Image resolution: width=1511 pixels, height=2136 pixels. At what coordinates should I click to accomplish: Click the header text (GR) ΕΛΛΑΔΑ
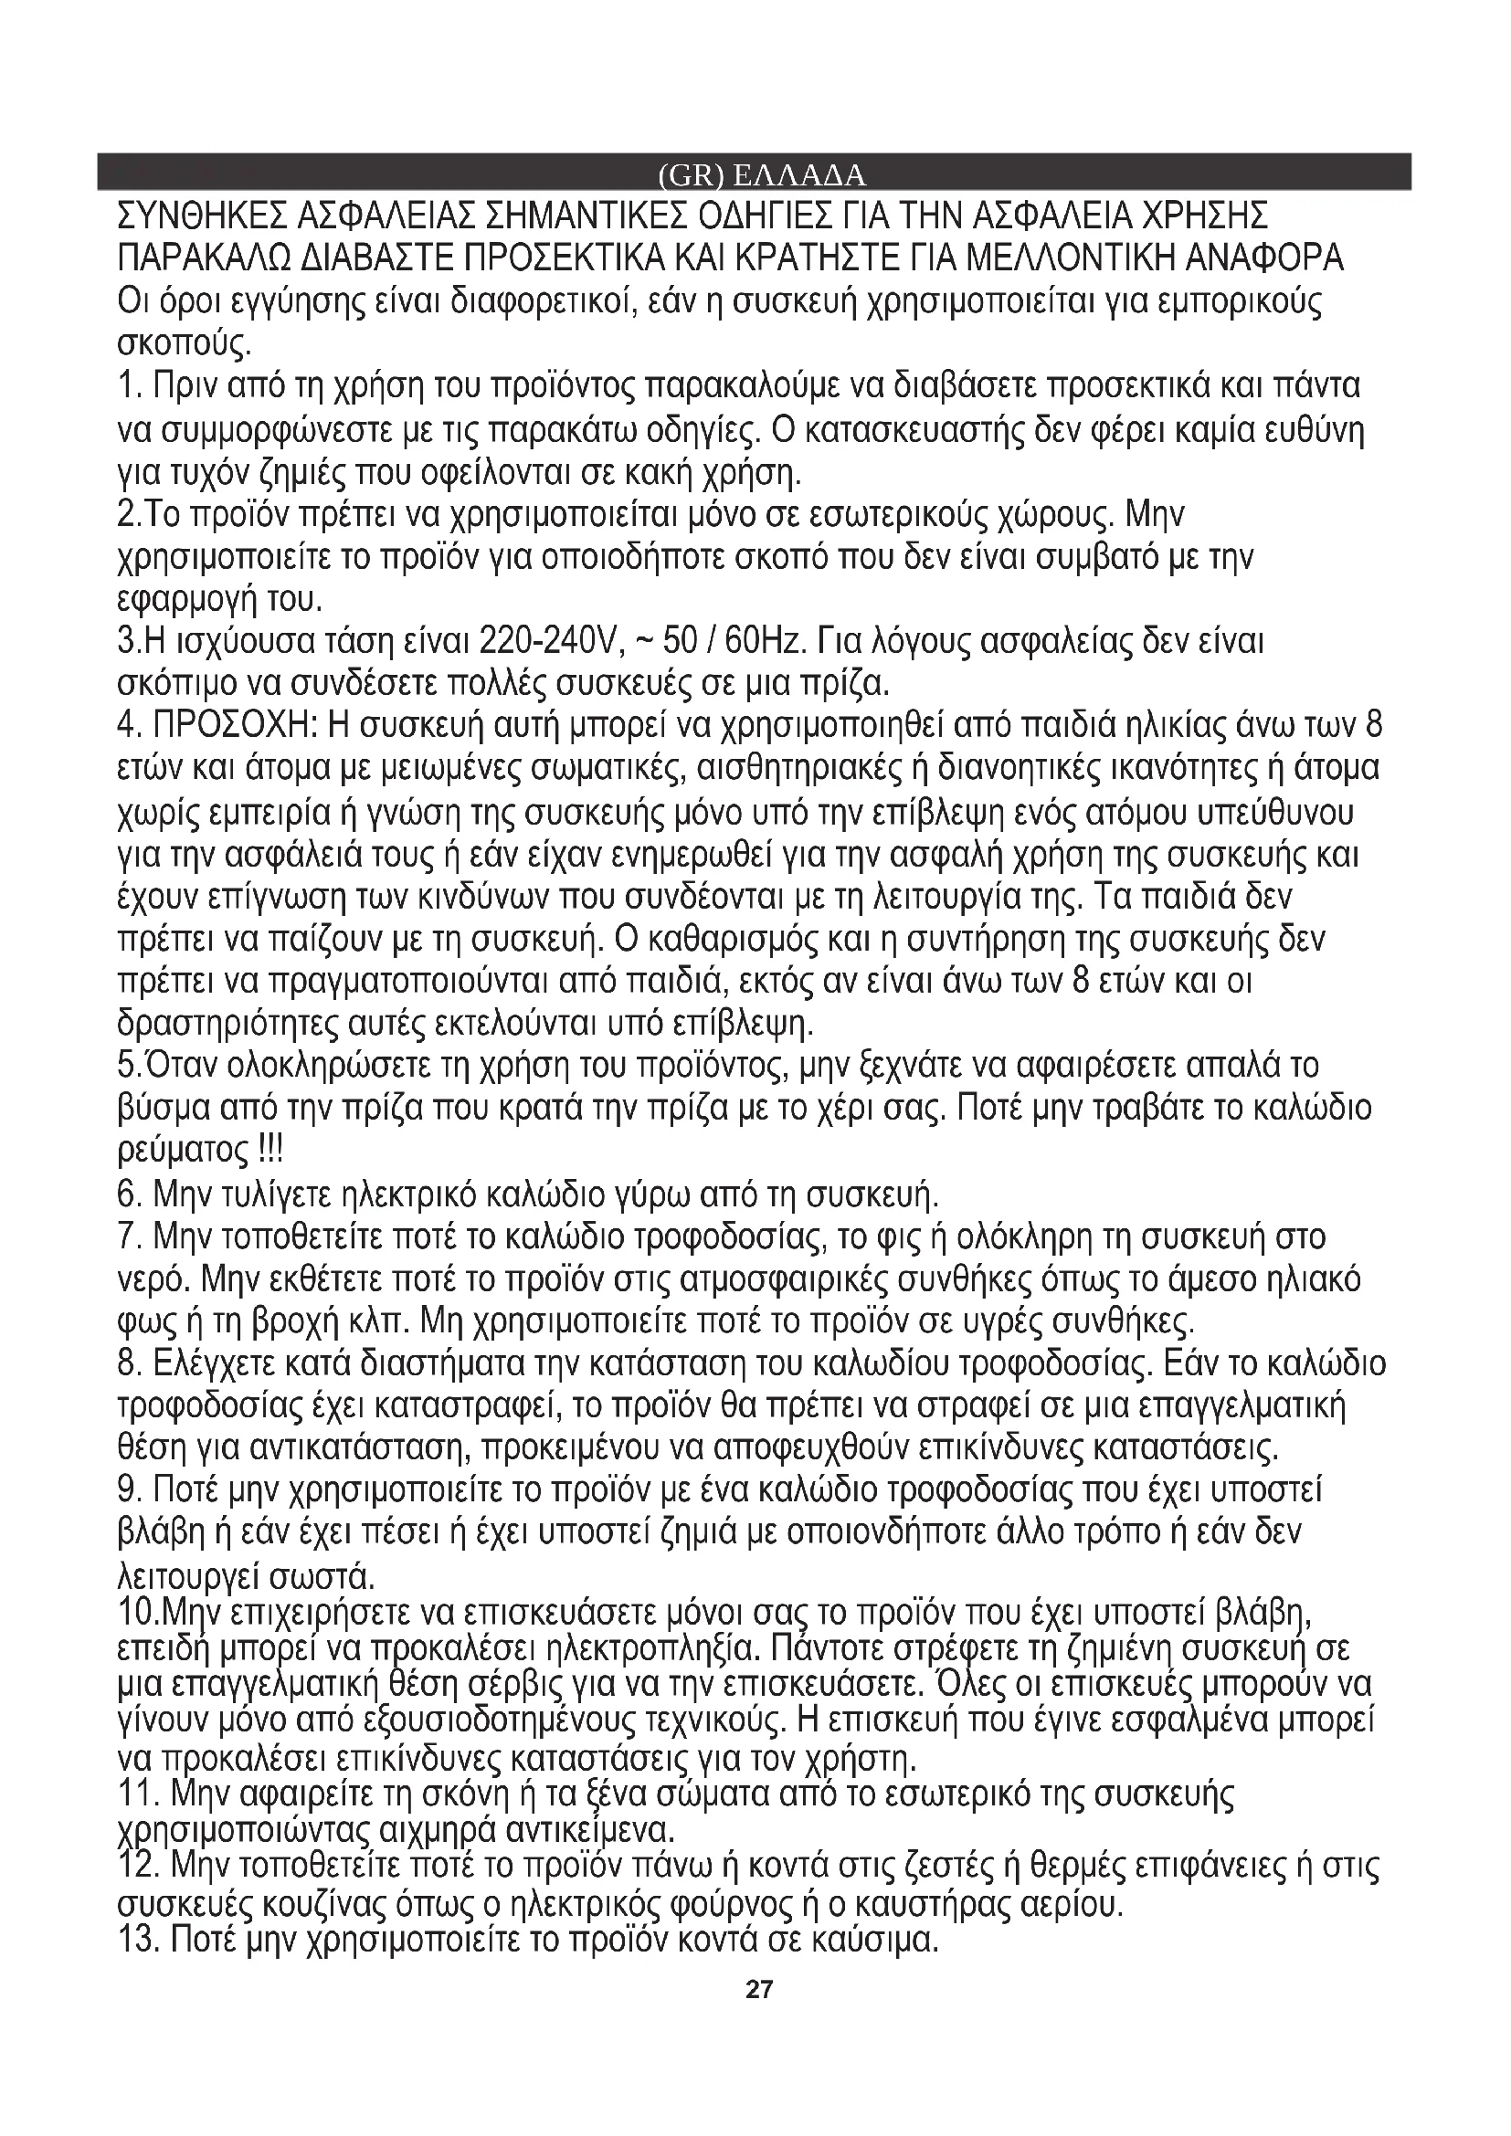pos(760,176)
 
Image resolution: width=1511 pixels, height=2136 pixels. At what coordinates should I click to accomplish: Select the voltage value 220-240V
pos(547,641)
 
